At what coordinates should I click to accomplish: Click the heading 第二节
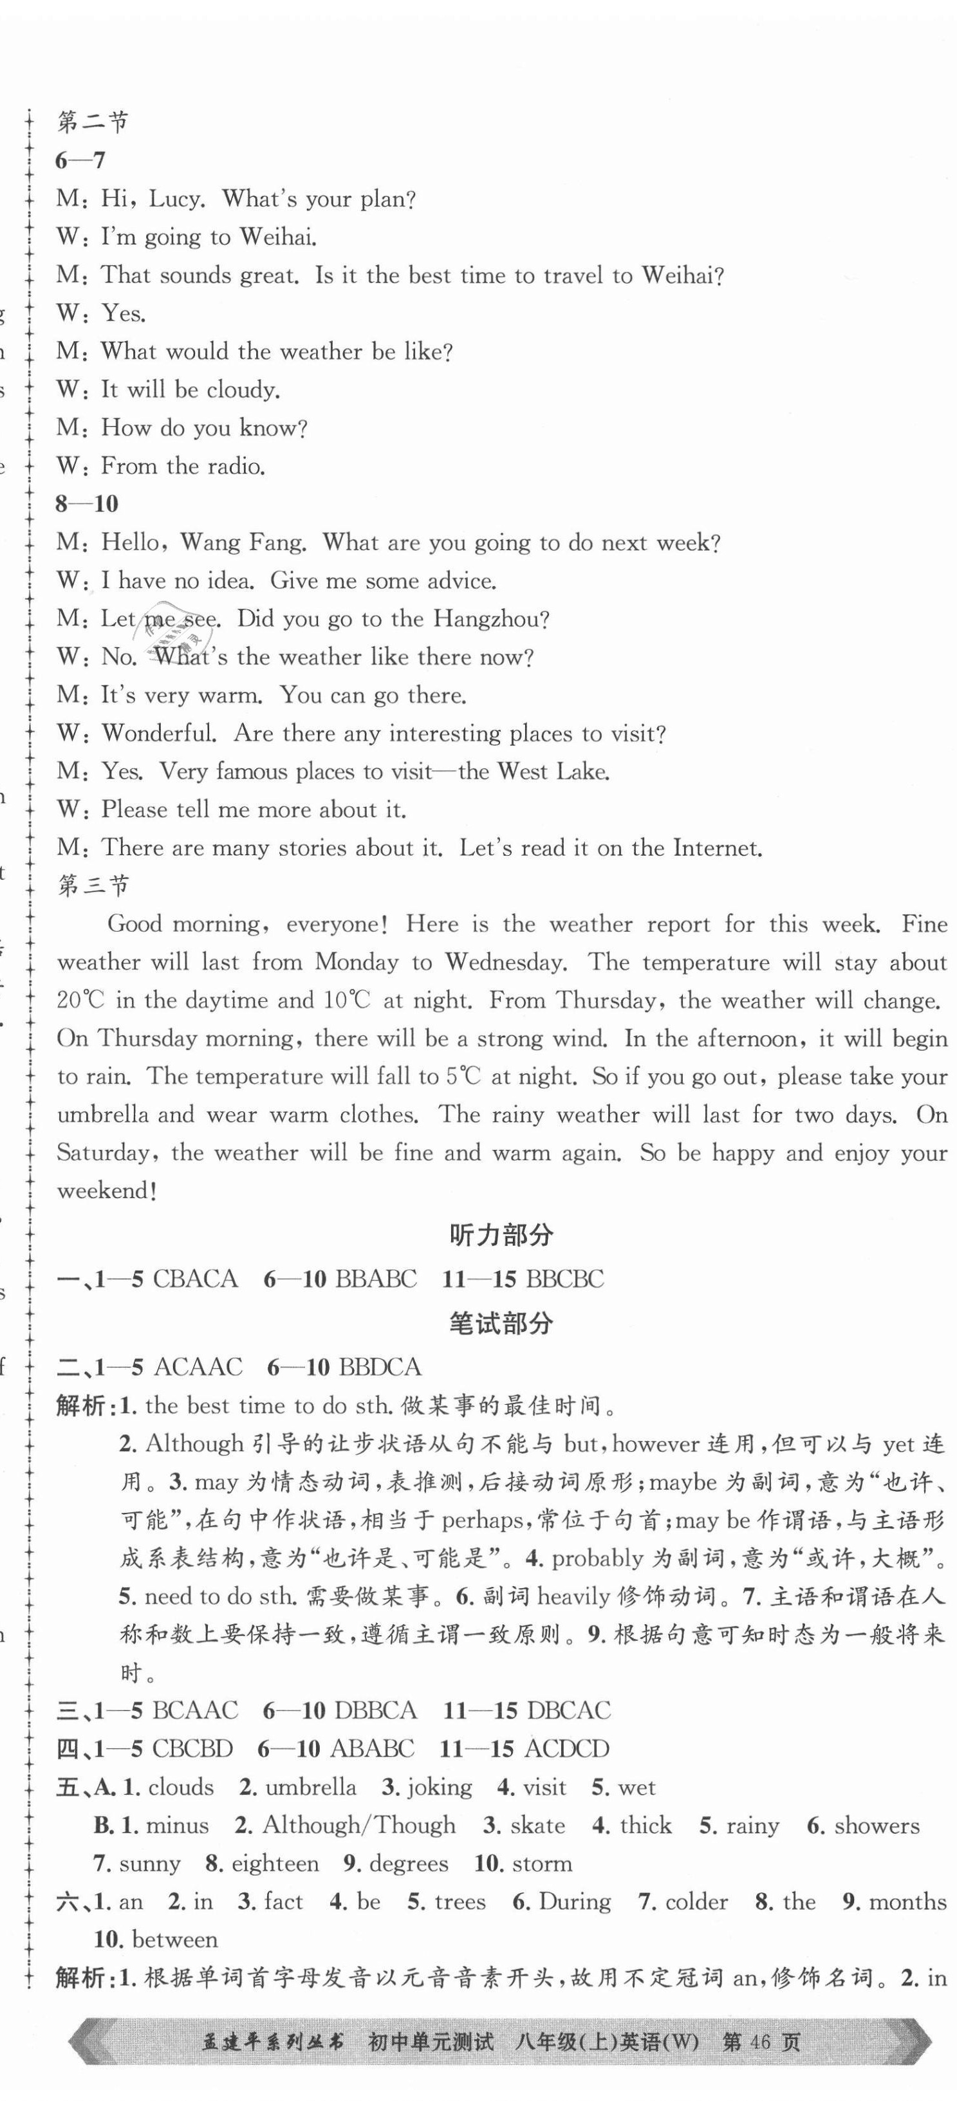click(93, 122)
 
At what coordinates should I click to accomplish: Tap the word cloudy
click(243, 390)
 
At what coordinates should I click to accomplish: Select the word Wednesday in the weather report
click(506, 963)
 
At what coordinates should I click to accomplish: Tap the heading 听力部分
click(501, 1235)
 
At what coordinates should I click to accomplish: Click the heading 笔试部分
click(501, 1323)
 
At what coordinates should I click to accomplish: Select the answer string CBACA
click(195, 1278)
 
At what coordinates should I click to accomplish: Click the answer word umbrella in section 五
click(311, 1786)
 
